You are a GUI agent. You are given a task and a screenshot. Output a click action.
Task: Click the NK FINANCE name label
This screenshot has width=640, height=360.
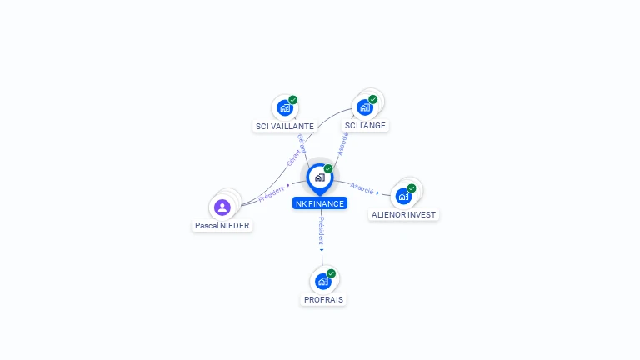[319, 203]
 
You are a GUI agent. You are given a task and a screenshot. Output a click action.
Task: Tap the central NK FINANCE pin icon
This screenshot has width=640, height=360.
[319, 177]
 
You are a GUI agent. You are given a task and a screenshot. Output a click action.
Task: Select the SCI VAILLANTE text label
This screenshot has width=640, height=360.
[284, 127]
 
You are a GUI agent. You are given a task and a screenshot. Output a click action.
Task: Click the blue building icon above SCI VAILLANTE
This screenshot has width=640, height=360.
[285, 108]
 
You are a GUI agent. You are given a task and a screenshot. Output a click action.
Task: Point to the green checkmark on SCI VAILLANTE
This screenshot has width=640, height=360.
[293, 100]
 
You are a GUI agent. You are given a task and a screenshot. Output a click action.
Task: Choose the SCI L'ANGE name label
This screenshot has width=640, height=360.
[365, 126]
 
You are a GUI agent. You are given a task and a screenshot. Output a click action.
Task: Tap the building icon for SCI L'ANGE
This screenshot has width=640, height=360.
[364, 107]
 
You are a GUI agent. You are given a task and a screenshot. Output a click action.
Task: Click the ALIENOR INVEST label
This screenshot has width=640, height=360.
[403, 214]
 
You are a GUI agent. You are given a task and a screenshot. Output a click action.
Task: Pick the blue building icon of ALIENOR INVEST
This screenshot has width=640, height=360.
[403, 197]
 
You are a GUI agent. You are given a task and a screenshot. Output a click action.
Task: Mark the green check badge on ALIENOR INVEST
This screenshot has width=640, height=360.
[412, 188]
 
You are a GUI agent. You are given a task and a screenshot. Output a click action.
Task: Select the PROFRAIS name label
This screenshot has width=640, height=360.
[323, 299]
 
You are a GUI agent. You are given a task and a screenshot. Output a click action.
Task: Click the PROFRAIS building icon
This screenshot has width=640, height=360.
[323, 282]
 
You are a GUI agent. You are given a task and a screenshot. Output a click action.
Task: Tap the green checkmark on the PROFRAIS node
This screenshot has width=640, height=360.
[332, 273]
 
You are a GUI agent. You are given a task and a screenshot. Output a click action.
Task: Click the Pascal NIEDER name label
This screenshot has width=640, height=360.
[222, 225]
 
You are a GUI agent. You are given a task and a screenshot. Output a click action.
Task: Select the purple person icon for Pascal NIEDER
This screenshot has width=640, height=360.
[222, 207]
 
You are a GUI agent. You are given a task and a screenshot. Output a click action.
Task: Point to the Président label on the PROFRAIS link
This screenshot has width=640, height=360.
[322, 231]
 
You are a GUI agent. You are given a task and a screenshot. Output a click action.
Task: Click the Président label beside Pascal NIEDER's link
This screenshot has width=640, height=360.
[272, 193]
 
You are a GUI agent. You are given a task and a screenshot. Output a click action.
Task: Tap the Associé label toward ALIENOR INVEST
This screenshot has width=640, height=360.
[362, 187]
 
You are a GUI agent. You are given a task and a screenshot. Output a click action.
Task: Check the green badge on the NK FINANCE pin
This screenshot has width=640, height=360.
[328, 169]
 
